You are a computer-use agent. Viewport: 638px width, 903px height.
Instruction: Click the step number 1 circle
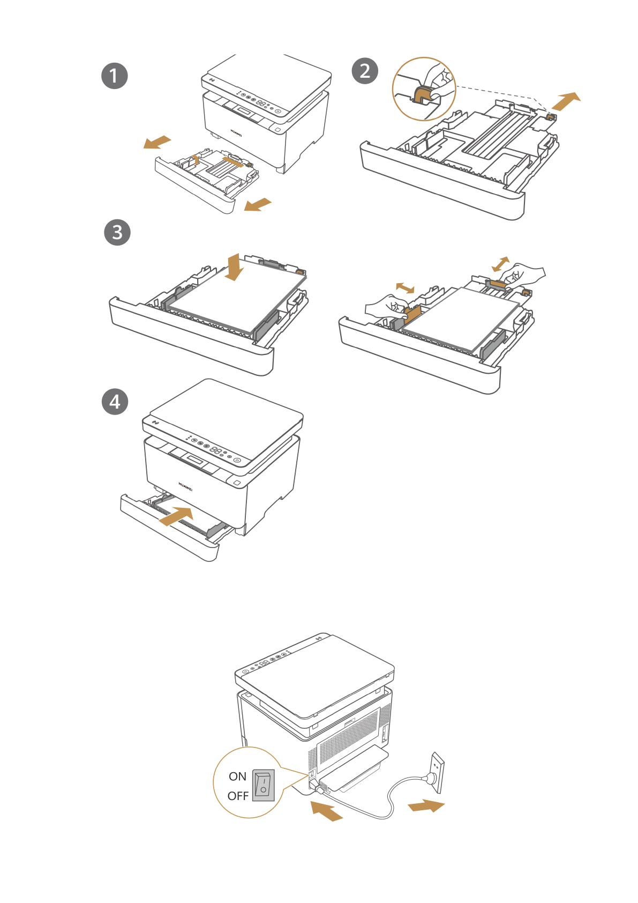[x=115, y=76]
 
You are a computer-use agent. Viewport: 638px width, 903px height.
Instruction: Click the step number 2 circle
[x=365, y=71]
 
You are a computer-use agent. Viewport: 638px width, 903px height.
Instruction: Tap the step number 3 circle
[x=117, y=232]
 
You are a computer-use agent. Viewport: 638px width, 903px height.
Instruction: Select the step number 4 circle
[x=115, y=402]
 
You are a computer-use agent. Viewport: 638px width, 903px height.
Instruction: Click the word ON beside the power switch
[x=237, y=776]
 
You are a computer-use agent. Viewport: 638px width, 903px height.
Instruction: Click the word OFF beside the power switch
[x=238, y=796]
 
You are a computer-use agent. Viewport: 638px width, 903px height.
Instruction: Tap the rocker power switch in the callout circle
[x=263, y=786]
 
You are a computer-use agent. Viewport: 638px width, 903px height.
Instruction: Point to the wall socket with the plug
[x=437, y=773]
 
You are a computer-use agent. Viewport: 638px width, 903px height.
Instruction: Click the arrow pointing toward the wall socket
[x=426, y=806]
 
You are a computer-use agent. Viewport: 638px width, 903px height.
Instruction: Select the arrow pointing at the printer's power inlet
[x=326, y=810]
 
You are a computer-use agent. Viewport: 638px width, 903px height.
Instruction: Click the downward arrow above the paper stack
[x=234, y=267]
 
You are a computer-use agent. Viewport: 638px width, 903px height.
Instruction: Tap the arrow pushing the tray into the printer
[x=177, y=516]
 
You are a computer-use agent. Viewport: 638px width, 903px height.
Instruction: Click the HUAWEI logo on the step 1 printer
[x=236, y=132]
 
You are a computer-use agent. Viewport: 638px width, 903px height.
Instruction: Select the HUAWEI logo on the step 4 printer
[x=185, y=486]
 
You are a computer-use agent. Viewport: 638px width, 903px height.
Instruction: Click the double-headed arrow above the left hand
[x=405, y=288]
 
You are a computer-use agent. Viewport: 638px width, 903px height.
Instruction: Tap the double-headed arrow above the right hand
[x=501, y=264]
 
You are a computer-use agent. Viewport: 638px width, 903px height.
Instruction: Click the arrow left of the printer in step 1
[x=157, y=142]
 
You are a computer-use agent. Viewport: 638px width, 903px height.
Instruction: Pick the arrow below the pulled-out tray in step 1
[x=258, y=204]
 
